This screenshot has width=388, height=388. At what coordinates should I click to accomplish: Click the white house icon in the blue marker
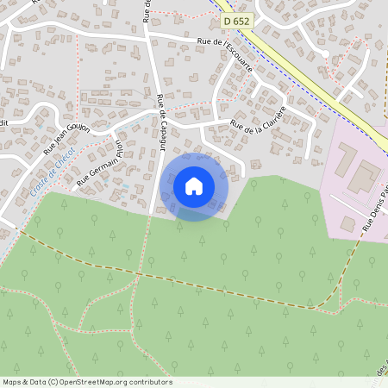(x=194, y=185)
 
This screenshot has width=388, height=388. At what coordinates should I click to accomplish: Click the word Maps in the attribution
(x=12, y=382)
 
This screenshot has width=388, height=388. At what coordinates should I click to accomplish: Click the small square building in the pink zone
(x=347, y=223)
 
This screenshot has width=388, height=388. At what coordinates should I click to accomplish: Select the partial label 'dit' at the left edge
(x=3, y=122)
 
